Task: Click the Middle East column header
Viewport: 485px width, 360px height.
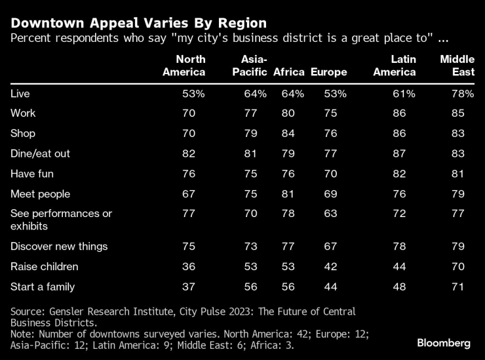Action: (456, 66)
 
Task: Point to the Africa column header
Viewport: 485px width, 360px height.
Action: (289, 72)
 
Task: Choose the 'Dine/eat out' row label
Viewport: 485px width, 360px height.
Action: (41, 153)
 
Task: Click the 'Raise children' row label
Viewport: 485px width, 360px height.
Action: (45, 267)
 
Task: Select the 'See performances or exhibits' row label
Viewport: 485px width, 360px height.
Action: (62, 220)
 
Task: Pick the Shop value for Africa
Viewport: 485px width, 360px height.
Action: (289, 134)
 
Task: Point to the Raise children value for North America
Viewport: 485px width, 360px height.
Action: (189, 267)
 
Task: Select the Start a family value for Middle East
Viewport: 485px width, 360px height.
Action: (458, 287)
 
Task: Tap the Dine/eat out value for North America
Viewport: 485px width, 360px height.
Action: (189, 153)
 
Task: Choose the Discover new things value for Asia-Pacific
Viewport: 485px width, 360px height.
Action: (251, 247)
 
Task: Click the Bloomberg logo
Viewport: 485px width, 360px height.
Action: (444, 343)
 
